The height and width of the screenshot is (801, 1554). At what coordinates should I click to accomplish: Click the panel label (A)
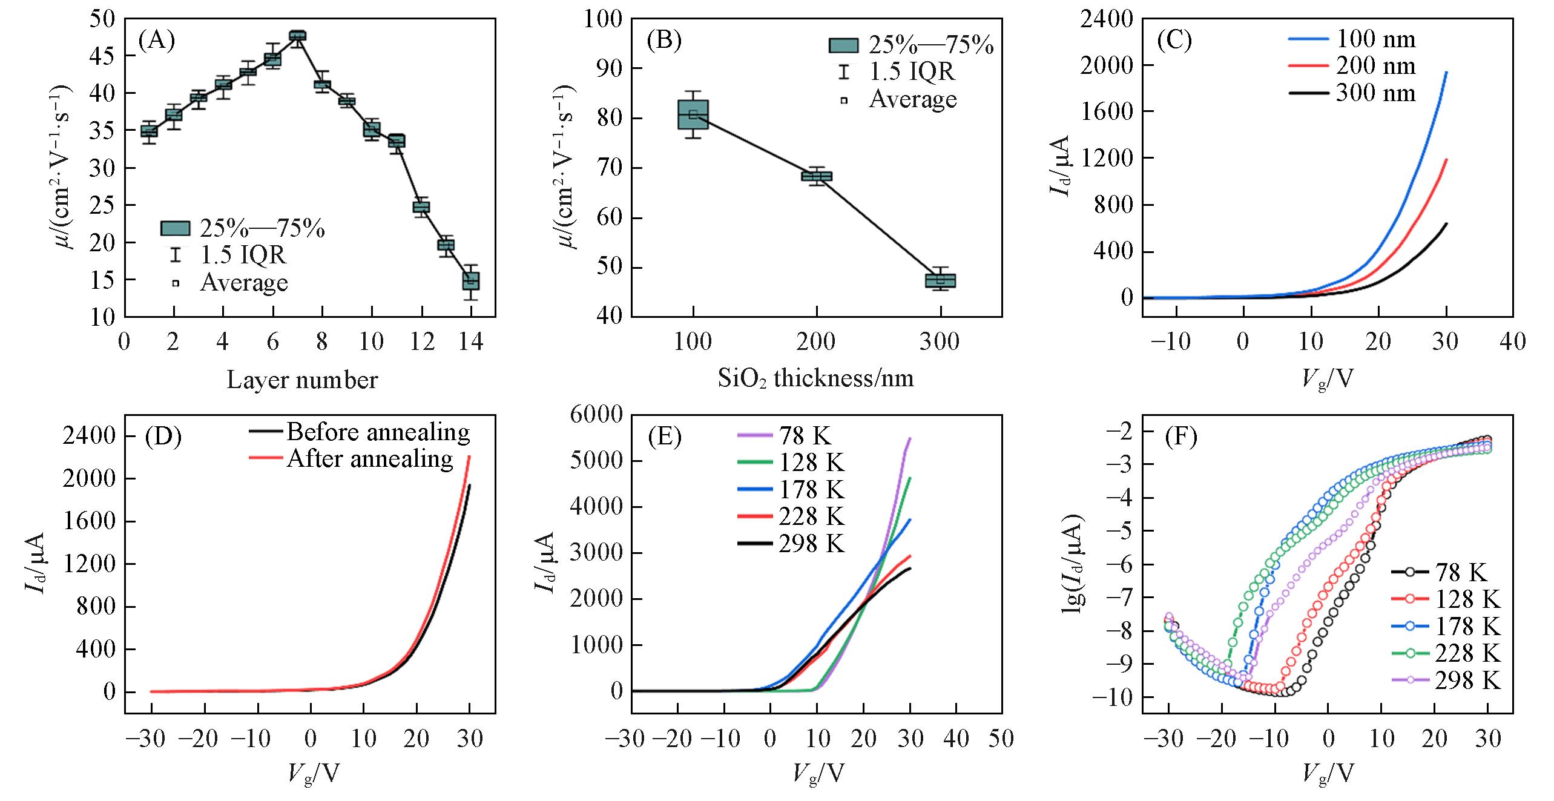(156, 41)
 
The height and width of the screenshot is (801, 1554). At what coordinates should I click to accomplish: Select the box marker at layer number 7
(297, 36)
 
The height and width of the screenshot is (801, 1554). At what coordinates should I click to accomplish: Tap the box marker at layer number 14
(471, 281)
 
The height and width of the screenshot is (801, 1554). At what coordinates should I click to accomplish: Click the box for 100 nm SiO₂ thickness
(693, 114)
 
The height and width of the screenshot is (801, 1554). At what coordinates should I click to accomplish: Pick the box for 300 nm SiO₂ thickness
(940, 280)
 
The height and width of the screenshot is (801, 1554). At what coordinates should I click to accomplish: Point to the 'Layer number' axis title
(302, 380)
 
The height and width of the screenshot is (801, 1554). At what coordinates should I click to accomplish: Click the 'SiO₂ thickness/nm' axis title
(815, 378)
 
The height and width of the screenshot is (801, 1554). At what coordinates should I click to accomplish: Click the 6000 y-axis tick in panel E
(597, 415)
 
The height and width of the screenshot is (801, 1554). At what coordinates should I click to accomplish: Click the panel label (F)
(1180, 437)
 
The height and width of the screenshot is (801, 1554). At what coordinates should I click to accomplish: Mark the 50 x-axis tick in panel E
(1002, 739)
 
